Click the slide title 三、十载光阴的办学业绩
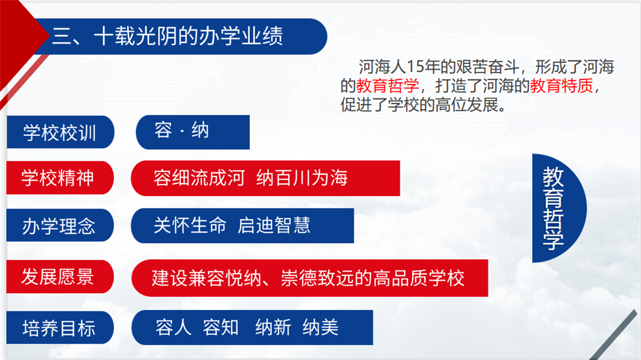[x=168, y=36]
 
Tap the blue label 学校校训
[x=60, y=132]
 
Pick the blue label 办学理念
[x=59, y=225]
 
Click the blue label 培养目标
[x=59, y=327]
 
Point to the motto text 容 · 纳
[x=182, y=131]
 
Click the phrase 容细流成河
[x=199, y=178]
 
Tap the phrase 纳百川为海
[x=302, y=178]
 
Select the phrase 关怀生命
[x=190, y=225]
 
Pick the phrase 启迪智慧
[x=274, y=225]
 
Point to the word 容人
[x=173, y=327]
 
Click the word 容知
[x=221, y=327]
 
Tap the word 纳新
[x=273, y=327]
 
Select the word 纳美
[x=320, y=327]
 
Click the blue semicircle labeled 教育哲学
[x=559, y=208]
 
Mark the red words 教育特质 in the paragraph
[x=562, y=86]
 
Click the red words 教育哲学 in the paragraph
[x=387, y=86]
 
